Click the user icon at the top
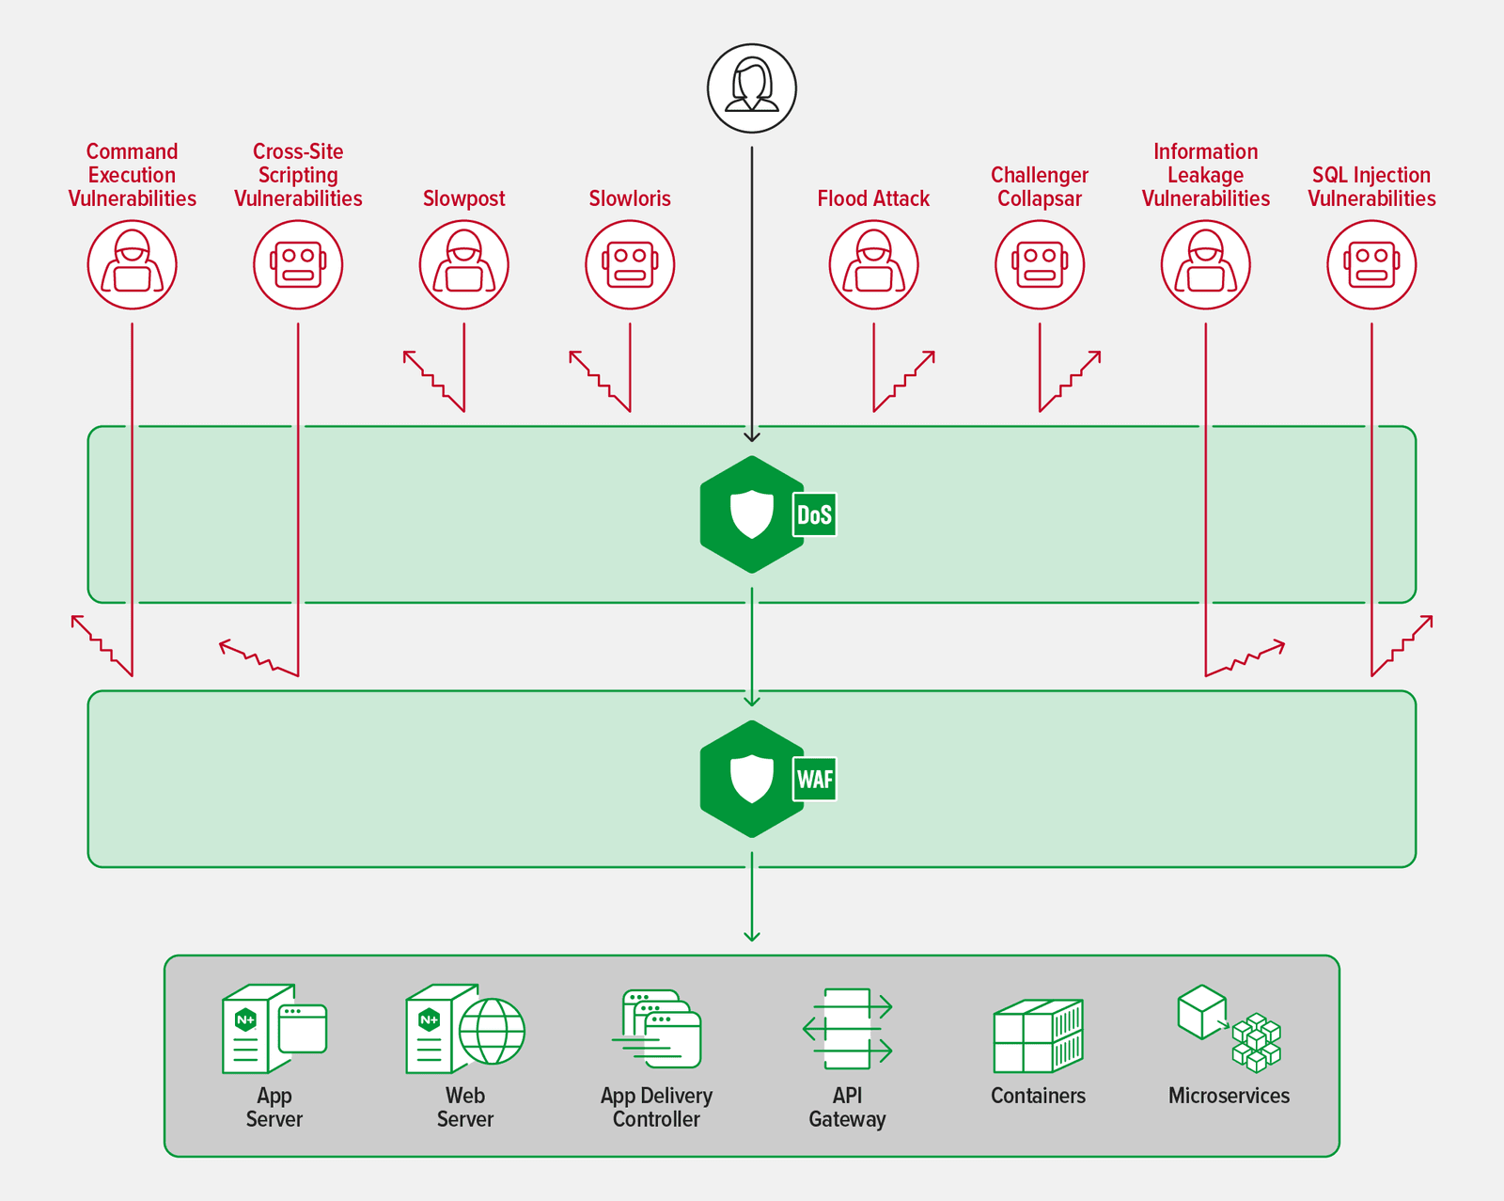click(x=752, y=88)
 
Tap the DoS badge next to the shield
click(x=814, y=514)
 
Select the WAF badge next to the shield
click(x=814, y=780)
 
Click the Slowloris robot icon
click(x=630, y=264)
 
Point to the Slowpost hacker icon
click(x=463, y=264)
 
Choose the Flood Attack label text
click(x=873, y=198)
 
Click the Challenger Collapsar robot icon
click(x=1040, y=264)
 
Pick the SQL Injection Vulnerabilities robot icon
click(x=1371, y=264)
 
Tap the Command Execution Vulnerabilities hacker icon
click(x=132, y=264)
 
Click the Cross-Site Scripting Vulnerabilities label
click(x=298, y=175)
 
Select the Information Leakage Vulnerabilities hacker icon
click(x=1205, y=264)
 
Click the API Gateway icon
click(x=847, y=1029)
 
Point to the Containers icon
click(x=1038, y=1036)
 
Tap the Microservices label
click(x=1229, y=1096)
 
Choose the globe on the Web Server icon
click(x=492, y=1031)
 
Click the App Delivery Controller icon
click(x=658, y=1029)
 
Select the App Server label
click(x=274, y=1107)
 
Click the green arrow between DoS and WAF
click(x=752, y=649)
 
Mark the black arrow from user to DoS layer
click(x=752, y=292)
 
